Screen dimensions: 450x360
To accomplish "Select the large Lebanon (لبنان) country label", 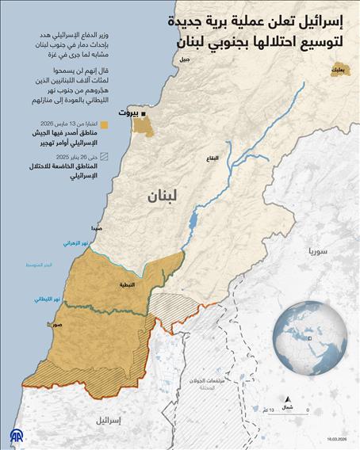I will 163,198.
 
